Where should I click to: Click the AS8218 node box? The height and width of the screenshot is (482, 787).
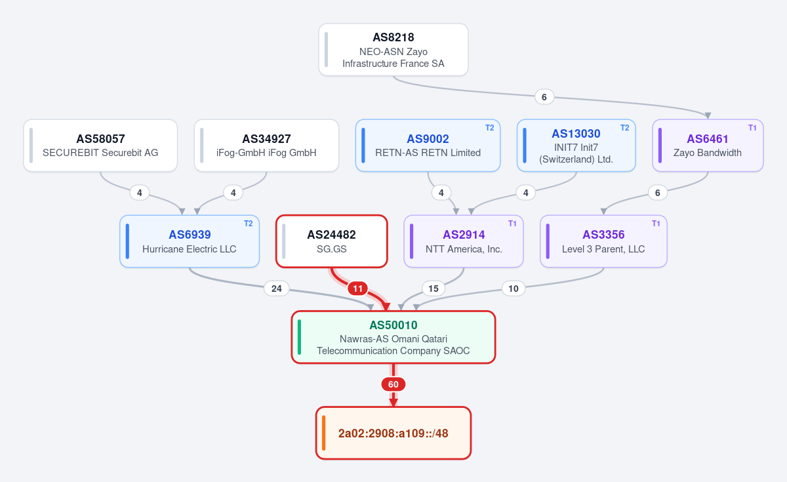point(393,50)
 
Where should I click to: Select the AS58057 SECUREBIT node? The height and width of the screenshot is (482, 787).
point(100,146)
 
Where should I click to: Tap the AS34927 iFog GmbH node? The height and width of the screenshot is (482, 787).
point(266,146)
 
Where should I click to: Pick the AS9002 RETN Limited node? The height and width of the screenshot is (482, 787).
point(428,146)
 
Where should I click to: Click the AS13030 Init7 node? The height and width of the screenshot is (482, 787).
point(576,146)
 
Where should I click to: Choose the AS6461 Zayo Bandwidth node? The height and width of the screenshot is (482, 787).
point(708,146)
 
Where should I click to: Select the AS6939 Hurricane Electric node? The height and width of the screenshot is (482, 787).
point(190,241)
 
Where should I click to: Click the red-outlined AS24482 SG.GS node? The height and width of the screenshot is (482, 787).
point(332,241)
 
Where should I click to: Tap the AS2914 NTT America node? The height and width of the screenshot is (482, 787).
point(464,241)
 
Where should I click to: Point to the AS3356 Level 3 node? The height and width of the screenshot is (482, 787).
point(603,241)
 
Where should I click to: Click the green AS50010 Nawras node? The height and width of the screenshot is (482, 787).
point(393,337)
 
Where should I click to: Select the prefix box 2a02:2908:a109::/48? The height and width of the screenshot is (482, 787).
point(393,433)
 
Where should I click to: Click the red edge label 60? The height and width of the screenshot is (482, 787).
point(393,384)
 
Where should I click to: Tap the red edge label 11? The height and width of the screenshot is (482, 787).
point(357,289)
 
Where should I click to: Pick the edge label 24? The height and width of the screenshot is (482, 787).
point(277,289)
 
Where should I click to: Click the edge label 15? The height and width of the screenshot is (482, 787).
point(434,289)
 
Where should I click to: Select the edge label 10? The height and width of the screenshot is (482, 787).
point(514,289)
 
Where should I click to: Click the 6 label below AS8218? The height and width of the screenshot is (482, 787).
point(544,97)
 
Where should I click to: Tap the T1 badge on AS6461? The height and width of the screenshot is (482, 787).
point(752,128)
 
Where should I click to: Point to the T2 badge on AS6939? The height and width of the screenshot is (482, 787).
point(249,224)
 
